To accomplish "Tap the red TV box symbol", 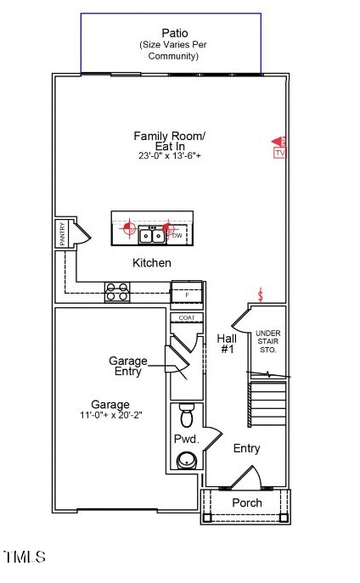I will pos(279,154).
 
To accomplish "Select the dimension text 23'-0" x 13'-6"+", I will pos(169,156).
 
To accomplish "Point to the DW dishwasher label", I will pos(177,235).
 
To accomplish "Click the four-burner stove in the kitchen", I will pos(116,291).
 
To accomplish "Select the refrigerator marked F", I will pos(187,294).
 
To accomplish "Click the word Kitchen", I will pos(151,263).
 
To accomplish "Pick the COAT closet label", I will pos(186,317).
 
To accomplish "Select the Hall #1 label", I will pos(227,343).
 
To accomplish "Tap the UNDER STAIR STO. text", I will pos(267,341).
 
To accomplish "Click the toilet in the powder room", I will pos(187,416).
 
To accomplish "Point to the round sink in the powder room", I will pos(186,460).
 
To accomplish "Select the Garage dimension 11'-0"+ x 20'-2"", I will pos(110,417).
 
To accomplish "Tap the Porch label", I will pos(246,502).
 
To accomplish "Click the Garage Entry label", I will pos(127,366).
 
